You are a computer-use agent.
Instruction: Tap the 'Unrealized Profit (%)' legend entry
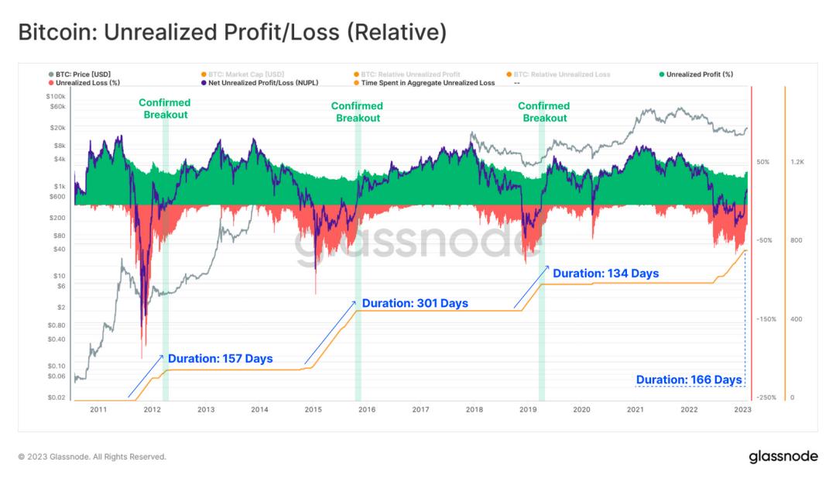tap(700, 74)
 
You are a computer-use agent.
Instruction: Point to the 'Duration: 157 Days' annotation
tap(221, 359)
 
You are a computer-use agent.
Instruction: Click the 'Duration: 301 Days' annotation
tap(415, 303)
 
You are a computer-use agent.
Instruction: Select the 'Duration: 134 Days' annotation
tap(605, 273)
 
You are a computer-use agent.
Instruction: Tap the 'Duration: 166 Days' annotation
tap(689, 380)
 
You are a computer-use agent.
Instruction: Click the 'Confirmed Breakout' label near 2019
tap(544, 112)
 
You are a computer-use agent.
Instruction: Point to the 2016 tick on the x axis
tap(367, 408)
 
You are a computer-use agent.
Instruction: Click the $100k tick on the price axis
tap(55, 95)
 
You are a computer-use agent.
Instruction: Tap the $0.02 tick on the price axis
tap(55, 398)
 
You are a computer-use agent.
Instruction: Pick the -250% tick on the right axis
tap(766, 398)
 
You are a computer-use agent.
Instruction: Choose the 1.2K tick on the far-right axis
tap(798, 162)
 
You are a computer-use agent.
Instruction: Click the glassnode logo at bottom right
tap(783, 456)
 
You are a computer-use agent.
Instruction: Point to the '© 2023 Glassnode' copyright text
tap(91, 457)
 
